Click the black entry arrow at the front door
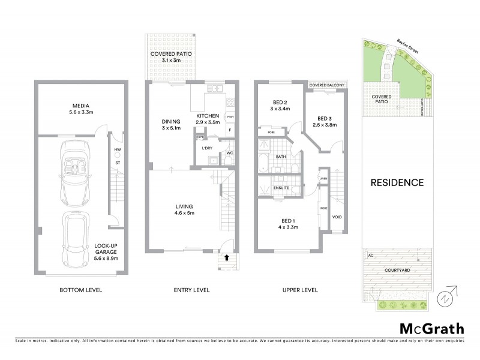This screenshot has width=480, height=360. [227, 257]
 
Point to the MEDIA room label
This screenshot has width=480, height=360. [81, 109]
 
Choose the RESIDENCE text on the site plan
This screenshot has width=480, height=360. [397, 182]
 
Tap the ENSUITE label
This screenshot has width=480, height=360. [281, 188]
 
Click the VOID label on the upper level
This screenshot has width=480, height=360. [337, 217]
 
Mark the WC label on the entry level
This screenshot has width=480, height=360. [230, 153]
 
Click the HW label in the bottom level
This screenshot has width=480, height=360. [118, 149]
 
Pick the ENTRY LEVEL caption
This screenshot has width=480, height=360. [192, 290]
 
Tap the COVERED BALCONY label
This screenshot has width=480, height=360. [327, 86]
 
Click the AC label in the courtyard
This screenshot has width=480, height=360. [370, 255]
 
